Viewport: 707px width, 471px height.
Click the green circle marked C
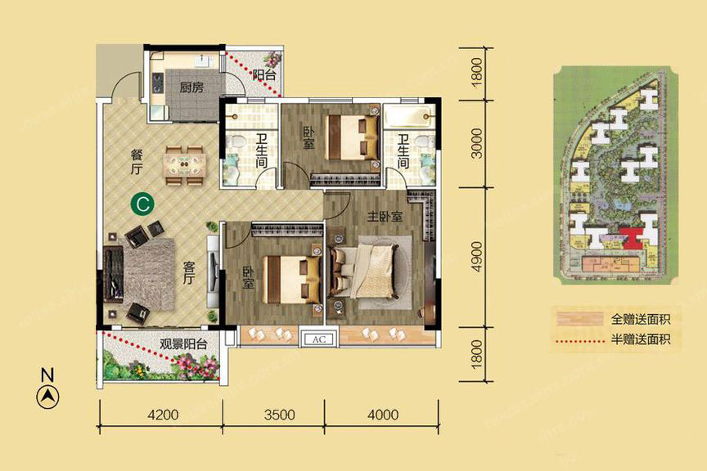[142, 204]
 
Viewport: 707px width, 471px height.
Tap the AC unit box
[319, 339]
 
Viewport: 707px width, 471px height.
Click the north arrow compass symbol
[47, 397]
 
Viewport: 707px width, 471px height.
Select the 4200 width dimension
[163, 415]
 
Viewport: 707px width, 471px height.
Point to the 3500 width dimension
[280, 415]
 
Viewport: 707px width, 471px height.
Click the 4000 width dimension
[383, 415]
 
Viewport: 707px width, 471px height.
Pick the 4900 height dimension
[476, 257]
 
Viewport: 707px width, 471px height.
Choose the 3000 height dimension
[476, 143]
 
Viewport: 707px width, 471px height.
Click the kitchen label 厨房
[191, 87]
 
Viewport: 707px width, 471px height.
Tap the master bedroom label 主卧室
[385, 217]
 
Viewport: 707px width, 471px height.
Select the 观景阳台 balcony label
[183, 344]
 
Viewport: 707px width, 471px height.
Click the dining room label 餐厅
[137, 162]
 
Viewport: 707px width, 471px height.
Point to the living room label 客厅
[189, 272]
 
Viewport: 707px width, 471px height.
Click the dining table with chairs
[184, 165]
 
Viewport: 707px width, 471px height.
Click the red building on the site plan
[630, 238]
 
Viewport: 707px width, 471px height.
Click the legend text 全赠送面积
[641, 320]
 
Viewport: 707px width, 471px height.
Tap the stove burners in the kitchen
[158, 83]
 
